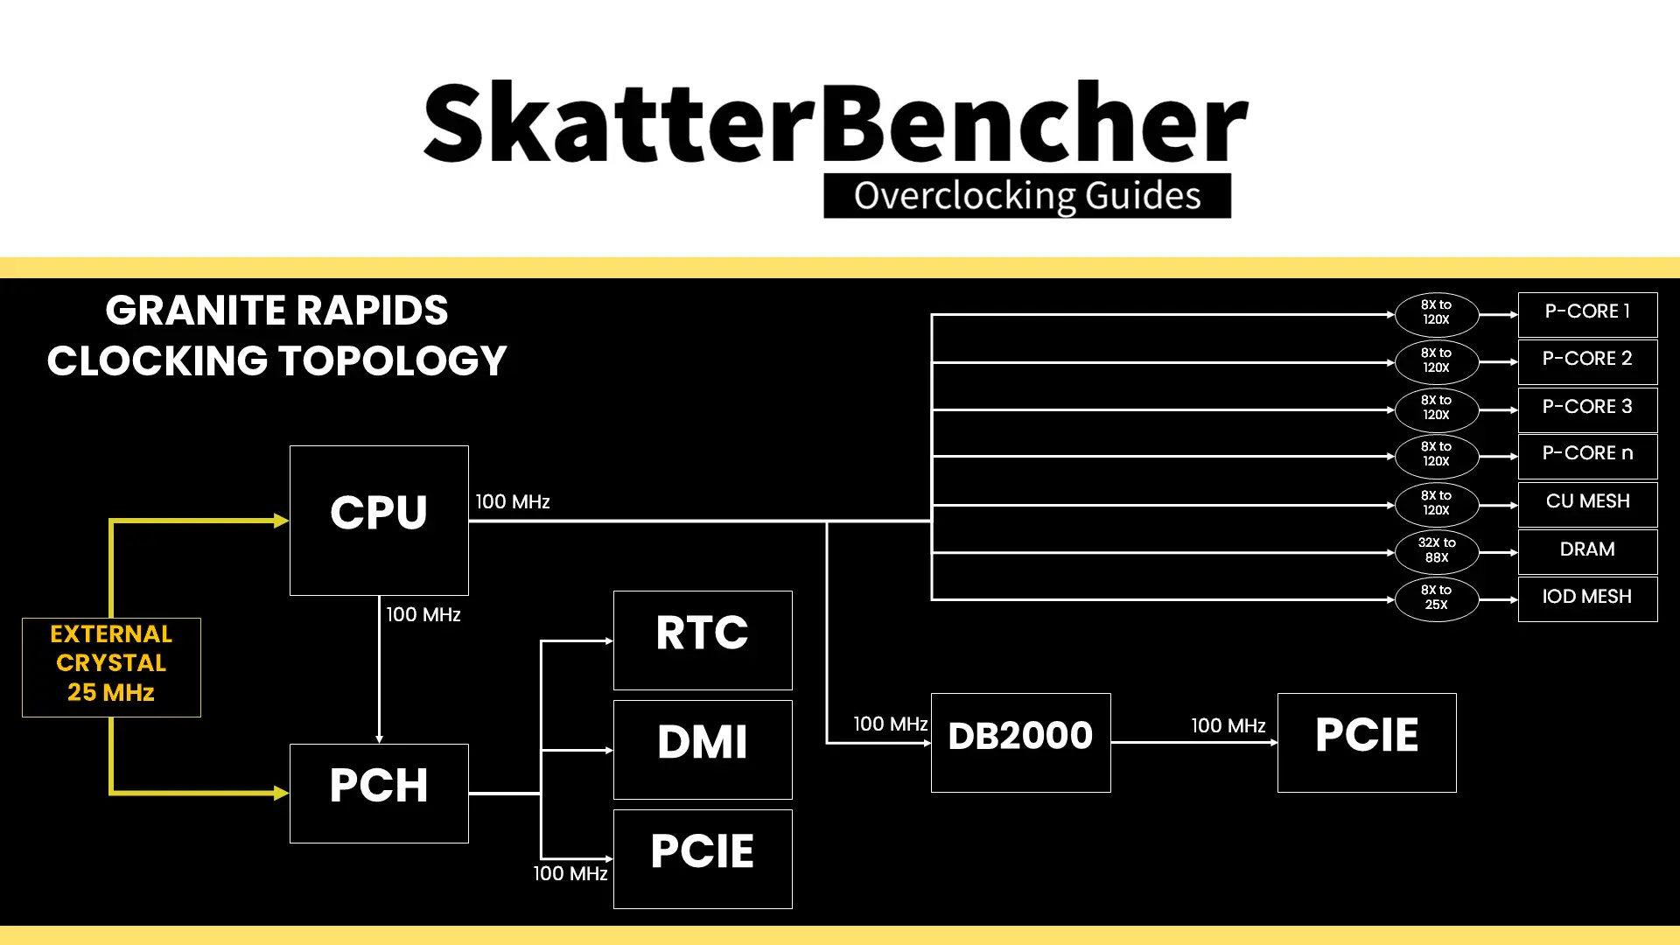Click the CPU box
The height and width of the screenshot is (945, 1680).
[x=379, y=521]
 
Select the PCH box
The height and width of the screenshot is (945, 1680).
[x=379, y=794]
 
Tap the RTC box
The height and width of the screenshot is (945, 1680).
[x=703, y=640]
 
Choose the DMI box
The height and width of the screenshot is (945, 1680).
[x=703, y=750]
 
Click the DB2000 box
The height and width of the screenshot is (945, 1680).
[x=1021, y=743]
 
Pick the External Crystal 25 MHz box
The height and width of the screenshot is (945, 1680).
[x=111, y=668]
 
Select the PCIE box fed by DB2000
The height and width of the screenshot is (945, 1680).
[x=1367, y=743]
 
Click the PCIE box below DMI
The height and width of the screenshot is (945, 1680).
[x=703, y=859]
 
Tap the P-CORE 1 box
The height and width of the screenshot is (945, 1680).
[x=1587, y=314]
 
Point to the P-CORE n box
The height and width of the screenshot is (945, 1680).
[x=1587, y=456]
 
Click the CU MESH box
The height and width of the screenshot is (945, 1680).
[x=1587, y=504]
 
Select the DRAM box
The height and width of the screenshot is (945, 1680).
[x=1587, y=551]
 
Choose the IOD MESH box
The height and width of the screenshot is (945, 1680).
[x=1587, y=598]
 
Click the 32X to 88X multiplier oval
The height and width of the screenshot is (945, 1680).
[x=1437, y=552]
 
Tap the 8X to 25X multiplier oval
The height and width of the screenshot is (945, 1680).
[x=1437, y=599]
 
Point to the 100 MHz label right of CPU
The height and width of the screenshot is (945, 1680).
[x=513, y=501]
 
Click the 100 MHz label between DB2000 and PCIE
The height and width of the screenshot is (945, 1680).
[x=1228, y=725]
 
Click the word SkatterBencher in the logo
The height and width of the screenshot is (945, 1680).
[x=836, y=122]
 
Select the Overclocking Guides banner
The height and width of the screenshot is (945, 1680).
[x=1027, y=196]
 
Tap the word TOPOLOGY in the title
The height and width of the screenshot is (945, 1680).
[x=393, y=360]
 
